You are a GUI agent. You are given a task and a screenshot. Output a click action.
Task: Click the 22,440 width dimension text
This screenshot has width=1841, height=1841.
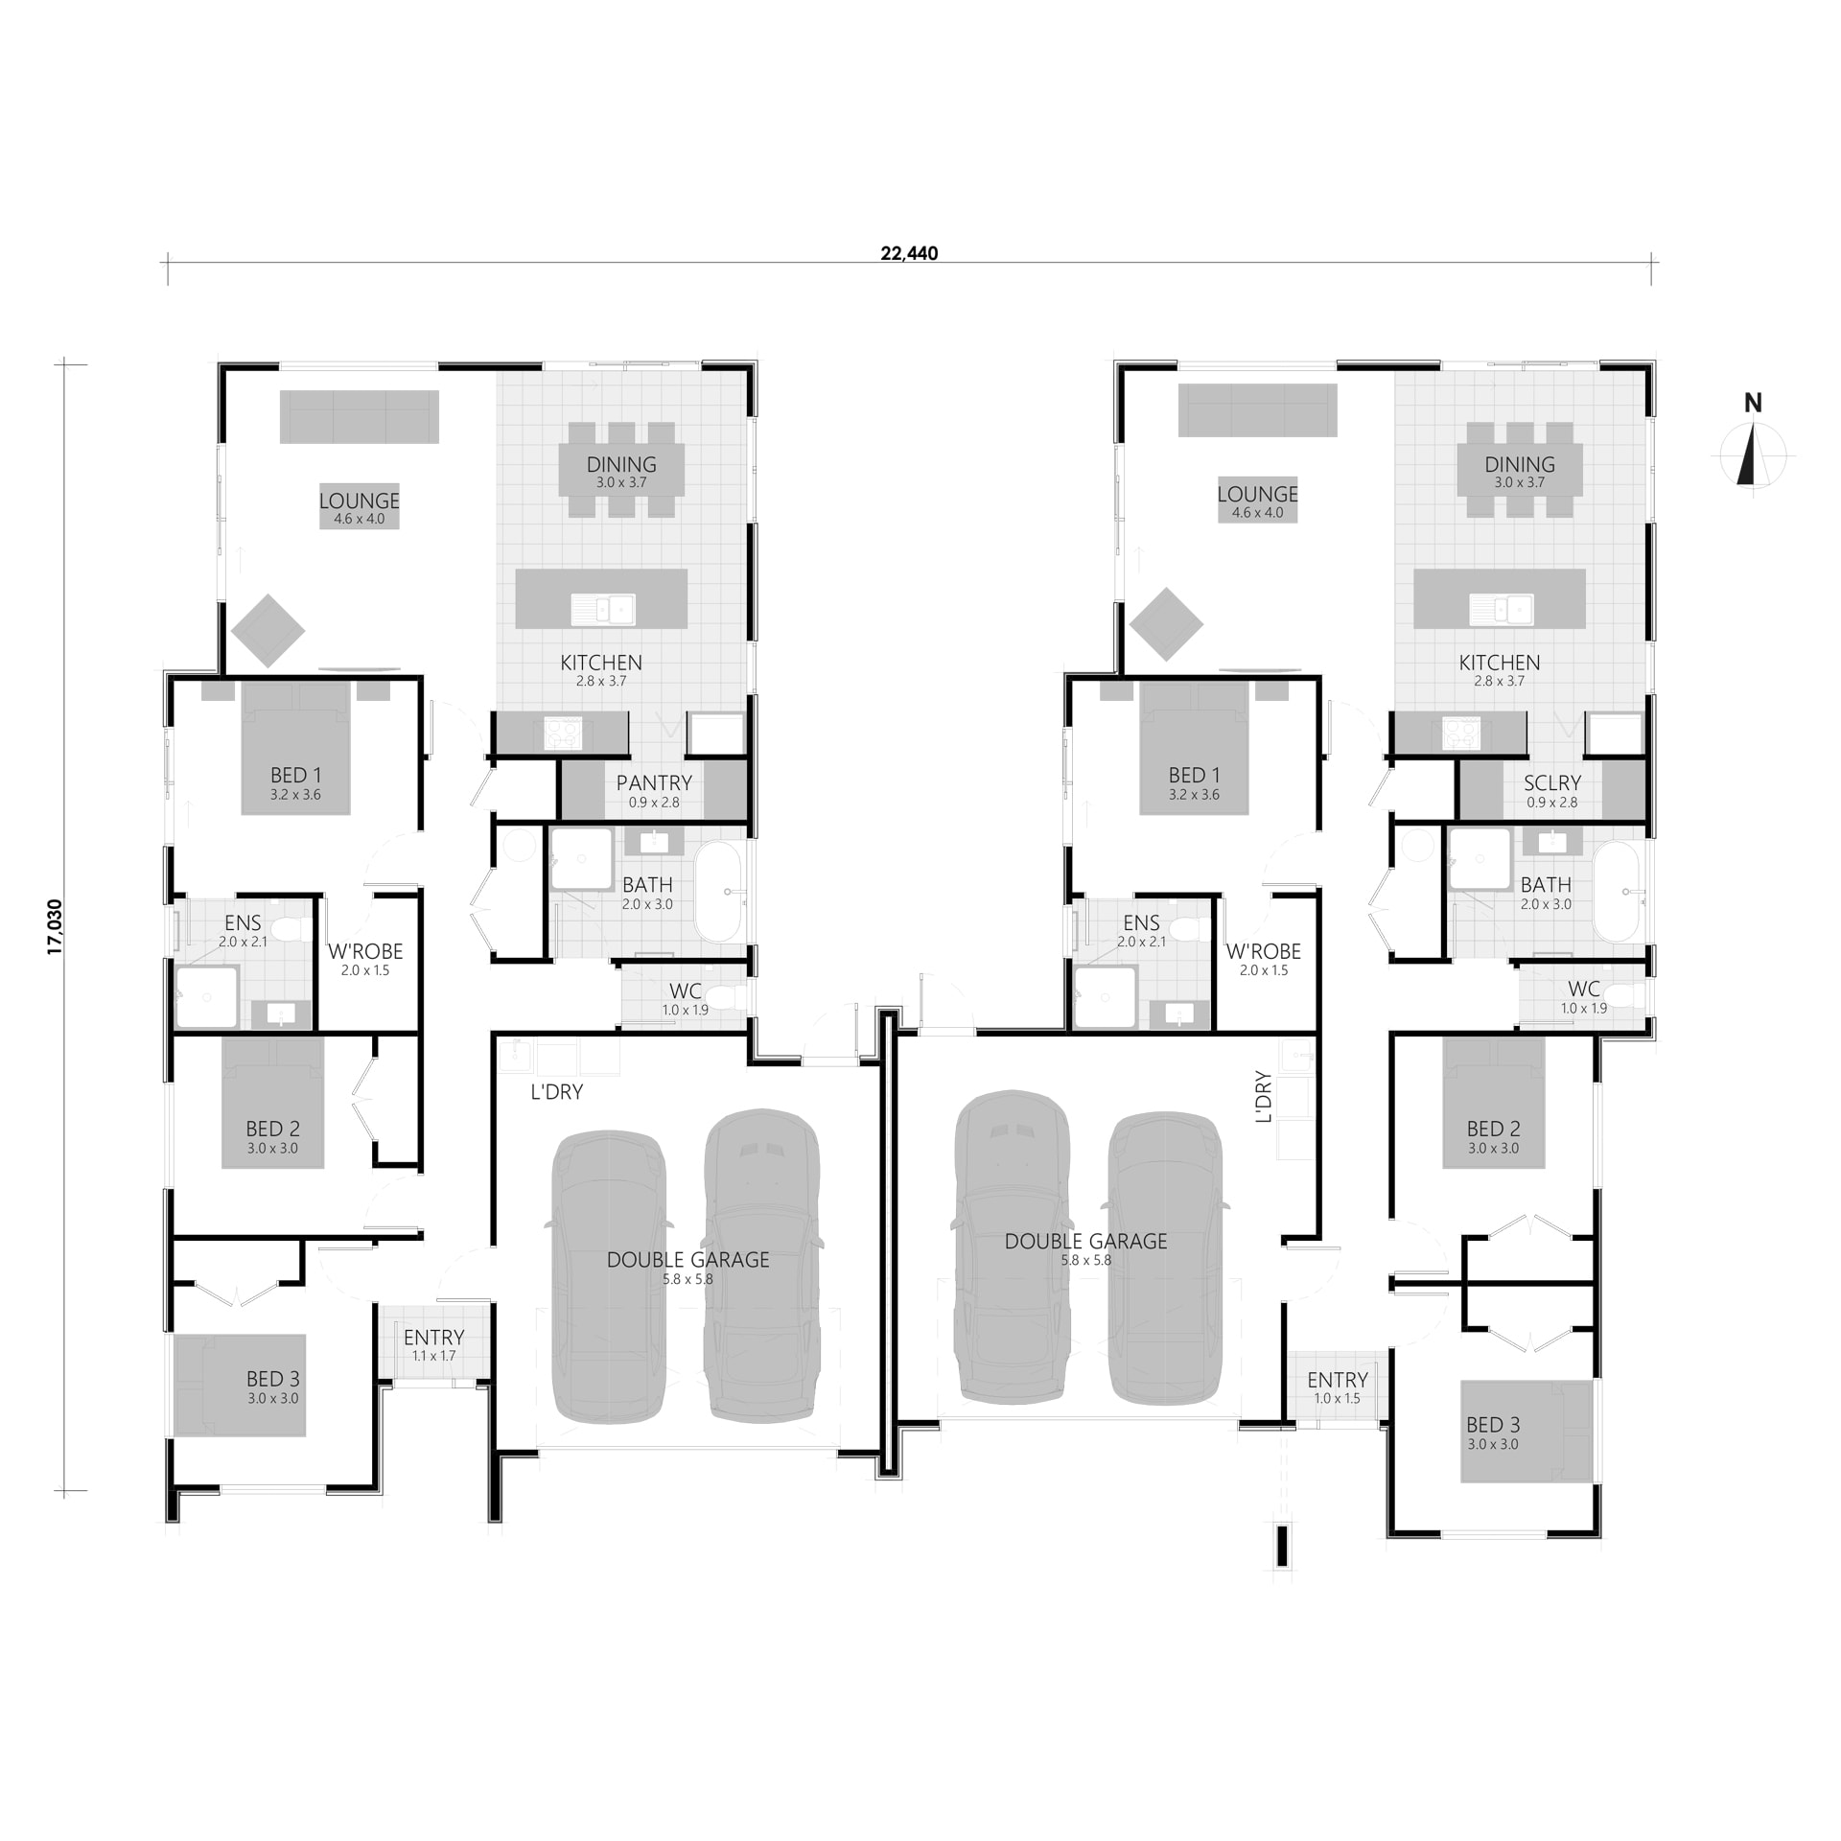click(x=909, y=253)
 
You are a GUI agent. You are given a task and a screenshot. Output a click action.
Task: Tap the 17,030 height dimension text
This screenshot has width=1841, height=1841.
click(x=55, y=926)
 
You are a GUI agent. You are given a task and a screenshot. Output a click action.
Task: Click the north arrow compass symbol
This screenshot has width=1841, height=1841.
click(x=1752, y=456)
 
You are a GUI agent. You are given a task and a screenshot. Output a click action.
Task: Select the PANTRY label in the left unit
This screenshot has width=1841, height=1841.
click(x=654, y=782)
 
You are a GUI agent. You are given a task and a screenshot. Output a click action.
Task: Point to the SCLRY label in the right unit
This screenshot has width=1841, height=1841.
click(x=1551, y=782)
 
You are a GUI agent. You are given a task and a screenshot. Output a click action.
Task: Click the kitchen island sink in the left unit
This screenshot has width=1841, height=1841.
click(x=603, y=609)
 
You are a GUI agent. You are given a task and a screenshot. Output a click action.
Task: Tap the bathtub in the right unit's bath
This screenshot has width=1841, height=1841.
click(x=1617, y=892)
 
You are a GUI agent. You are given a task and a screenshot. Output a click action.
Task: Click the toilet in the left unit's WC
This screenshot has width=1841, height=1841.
click(x=734, y=998)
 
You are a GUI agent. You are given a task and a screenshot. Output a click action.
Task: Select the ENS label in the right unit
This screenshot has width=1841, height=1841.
click(x=1141, y=922)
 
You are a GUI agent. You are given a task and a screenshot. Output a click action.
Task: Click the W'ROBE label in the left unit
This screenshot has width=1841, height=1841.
click(x=365, y=951)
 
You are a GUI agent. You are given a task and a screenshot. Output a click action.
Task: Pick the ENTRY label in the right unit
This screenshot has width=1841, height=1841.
click(x=1337, y=1380)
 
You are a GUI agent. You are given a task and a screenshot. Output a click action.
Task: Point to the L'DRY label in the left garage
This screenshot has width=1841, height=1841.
click(x=557, y=1092)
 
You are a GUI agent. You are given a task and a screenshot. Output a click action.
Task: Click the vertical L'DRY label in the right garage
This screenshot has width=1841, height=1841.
click(x=1263, y=1097)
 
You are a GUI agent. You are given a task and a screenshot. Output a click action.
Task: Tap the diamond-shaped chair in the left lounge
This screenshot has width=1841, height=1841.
click(x=268, y=631)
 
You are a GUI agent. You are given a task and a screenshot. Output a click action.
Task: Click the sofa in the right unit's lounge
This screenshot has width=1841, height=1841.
click(x=1257, y=409)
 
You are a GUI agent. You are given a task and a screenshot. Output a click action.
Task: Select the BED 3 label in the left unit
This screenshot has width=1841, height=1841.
click(x=272, y=1379)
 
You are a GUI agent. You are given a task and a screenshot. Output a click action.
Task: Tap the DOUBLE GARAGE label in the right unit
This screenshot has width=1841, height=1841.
click(x=1085, y=1242)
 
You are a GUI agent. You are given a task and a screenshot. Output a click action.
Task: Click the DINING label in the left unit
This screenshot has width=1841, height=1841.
click(x=621, y=465)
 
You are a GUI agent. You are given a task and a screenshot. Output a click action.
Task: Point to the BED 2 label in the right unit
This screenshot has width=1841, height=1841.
click(x=1493, y=1129)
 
